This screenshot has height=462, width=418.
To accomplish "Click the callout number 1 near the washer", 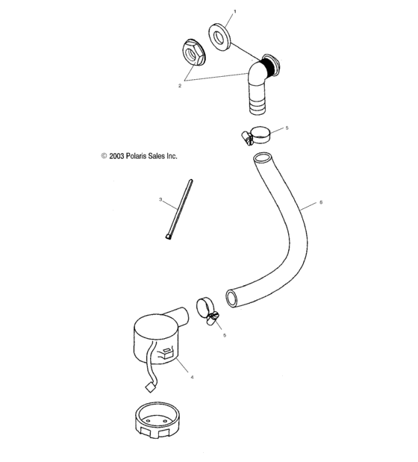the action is [x=235, y=11].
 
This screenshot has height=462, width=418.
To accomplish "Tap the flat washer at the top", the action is [x=219, y=37].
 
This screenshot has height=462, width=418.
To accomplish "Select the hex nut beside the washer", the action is [x=193, y=52].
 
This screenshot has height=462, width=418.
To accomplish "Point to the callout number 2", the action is [x=180, y=86].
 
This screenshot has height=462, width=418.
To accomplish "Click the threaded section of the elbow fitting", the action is [x=269, y=67].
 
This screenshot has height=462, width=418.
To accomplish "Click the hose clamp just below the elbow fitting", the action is [x=255, y=135].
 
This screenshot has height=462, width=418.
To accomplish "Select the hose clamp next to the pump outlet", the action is [x=208, y=311].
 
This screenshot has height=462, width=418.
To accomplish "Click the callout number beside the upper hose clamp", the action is [x=287, y=128].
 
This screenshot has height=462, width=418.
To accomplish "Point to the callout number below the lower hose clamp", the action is [x=225, y=335].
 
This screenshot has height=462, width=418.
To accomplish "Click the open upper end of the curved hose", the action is [x=263, y=157].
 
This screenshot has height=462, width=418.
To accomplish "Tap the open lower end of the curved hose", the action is [x=232, y=299].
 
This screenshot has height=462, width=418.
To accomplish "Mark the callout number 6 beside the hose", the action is [x=321, y=202].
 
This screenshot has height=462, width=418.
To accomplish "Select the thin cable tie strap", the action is [x=179, y=209].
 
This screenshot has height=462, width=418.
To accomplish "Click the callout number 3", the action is [x=160, y=199].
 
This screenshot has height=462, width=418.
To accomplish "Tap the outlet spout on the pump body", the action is [x=178, y=316].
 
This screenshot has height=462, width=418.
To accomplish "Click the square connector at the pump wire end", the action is [x=152, y=387].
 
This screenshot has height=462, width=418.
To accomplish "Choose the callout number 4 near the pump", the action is [x=192, y=377].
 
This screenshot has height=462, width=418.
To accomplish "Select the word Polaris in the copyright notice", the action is [x=137, y=156].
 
